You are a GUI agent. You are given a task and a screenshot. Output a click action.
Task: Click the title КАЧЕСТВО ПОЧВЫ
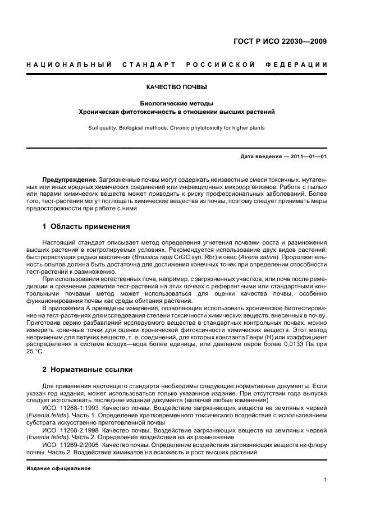click(x=177, y=87)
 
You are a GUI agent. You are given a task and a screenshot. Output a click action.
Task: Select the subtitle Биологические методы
click(x=177, y=103)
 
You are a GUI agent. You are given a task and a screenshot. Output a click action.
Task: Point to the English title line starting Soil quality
click(x=177, y=128)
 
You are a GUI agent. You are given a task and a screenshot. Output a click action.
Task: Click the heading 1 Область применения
click(x=86, y=227)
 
